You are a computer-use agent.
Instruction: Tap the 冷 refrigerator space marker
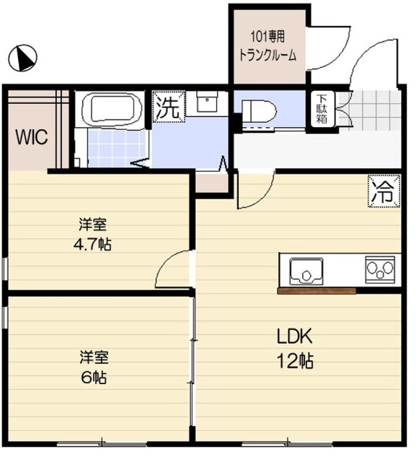tap(383, 191)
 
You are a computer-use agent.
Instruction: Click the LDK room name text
tap(296, 336)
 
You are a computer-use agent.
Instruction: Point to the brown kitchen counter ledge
tap(317, 291)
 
